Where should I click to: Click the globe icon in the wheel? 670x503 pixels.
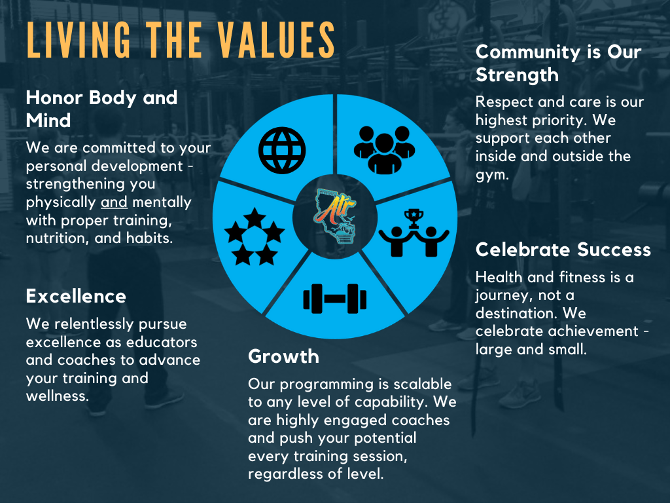281,149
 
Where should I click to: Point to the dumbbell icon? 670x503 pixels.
335,299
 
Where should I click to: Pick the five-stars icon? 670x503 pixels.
255,236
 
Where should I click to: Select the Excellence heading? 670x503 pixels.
76,296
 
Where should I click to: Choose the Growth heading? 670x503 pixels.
283,356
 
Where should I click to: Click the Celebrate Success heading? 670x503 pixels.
563,250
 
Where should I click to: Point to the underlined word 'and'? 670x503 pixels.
114,202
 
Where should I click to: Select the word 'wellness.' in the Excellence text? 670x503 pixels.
56,396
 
